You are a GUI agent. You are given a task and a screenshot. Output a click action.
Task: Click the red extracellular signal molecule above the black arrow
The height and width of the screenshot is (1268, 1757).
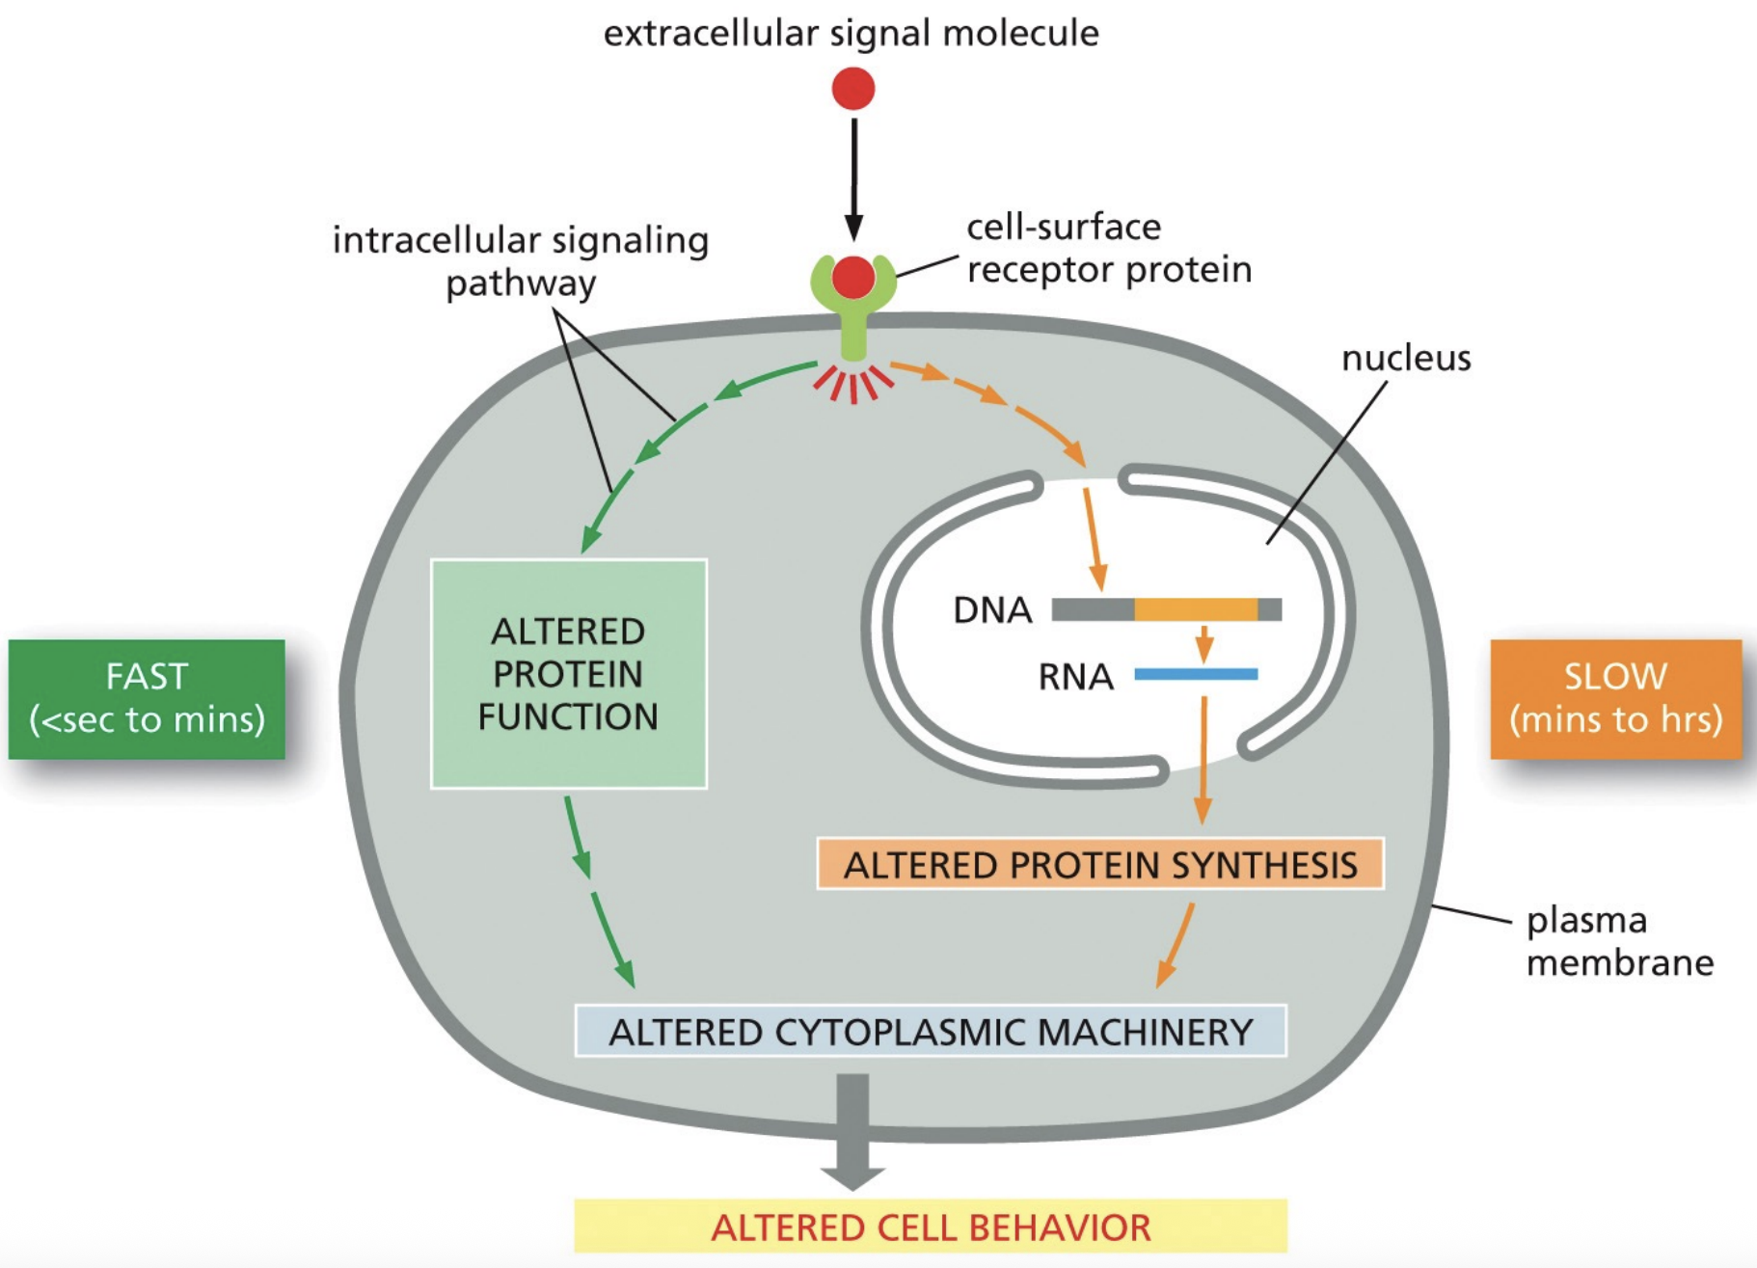[852, 89]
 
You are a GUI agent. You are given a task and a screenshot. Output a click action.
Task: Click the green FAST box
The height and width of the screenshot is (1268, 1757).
[147, 698]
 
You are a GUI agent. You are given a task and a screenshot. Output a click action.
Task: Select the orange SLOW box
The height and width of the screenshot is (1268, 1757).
[1615, 698]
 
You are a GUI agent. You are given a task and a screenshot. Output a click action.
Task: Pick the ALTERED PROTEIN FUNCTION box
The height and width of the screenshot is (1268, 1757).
[568, 674]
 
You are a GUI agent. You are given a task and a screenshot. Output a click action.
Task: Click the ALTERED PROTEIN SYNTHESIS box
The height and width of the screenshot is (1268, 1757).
[1099, 864]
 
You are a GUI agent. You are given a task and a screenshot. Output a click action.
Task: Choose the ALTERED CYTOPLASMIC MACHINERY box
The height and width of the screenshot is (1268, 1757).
[930, 1031]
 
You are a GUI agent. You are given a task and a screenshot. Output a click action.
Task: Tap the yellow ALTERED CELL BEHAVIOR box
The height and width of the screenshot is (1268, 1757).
[930, 1227]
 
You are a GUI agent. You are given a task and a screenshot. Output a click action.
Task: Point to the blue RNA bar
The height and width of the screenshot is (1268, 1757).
[1196, 674]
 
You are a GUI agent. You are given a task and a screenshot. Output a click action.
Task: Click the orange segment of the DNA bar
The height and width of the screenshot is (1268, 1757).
[1196, 609]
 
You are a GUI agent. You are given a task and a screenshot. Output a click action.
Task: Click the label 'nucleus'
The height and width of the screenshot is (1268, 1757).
[1406, 358]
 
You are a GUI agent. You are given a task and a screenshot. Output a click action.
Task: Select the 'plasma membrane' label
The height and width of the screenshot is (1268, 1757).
[1618, 941]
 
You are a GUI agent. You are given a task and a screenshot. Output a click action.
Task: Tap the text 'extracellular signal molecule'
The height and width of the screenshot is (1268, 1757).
[851, 33]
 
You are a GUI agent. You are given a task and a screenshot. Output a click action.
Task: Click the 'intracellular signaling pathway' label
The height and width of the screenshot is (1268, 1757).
[521, 260]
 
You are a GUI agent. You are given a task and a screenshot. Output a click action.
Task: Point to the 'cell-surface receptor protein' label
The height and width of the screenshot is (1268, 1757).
[1109, 248]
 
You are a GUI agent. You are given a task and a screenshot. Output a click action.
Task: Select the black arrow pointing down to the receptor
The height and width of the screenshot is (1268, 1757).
[853, 178]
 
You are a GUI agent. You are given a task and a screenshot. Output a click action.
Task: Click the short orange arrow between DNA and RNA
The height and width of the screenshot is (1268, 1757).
[1203, 643]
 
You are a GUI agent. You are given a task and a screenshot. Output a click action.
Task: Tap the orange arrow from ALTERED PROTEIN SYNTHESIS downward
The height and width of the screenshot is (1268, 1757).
[1176, 945]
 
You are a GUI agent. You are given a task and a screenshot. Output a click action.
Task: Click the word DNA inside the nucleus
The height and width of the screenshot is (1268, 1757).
[992, 610]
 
